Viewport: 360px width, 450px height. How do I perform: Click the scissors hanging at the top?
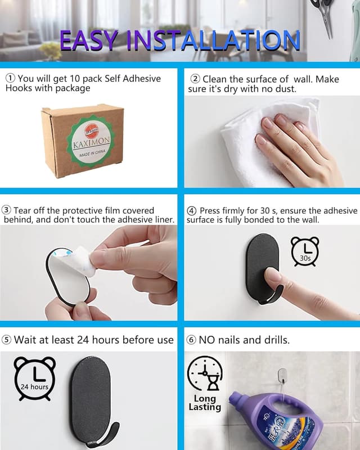(325, 17)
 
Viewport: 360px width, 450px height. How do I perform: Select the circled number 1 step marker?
(11, 78)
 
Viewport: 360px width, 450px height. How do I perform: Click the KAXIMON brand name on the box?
(91, 142)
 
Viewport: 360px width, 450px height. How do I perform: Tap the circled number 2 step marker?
(196, 79)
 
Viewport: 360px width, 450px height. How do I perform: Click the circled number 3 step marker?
(6, 210)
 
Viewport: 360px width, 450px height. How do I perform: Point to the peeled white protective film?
(83, 260)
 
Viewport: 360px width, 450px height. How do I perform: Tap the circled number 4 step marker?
(191, 210)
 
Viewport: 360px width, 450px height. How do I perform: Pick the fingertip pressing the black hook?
(271, 276)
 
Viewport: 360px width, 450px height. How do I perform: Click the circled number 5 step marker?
(6, 340)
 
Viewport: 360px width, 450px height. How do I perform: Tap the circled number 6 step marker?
(191, 340)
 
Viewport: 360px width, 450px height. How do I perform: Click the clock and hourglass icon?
(205, 373)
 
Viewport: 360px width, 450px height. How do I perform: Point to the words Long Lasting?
(205, 403)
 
